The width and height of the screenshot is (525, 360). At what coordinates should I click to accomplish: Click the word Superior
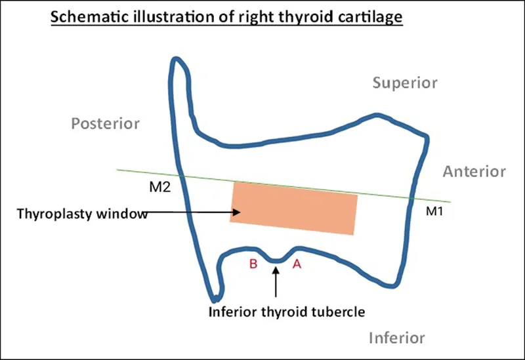click(405, 83)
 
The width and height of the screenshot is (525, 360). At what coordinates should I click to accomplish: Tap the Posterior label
click(106, 123)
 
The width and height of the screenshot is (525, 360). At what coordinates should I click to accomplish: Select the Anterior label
click(474, 172)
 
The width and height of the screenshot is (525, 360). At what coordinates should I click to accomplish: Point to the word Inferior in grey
click(396, 338)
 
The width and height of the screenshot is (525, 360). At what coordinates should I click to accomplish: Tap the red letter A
click(297, 264)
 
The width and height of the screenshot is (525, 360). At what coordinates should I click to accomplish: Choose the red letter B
click(253, 264)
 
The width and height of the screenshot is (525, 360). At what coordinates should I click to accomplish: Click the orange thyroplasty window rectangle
click(294, 208)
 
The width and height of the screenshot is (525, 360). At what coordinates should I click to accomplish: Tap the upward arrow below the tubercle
click(276, 282)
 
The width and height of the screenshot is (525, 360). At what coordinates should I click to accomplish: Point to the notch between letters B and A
click(276, 260)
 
